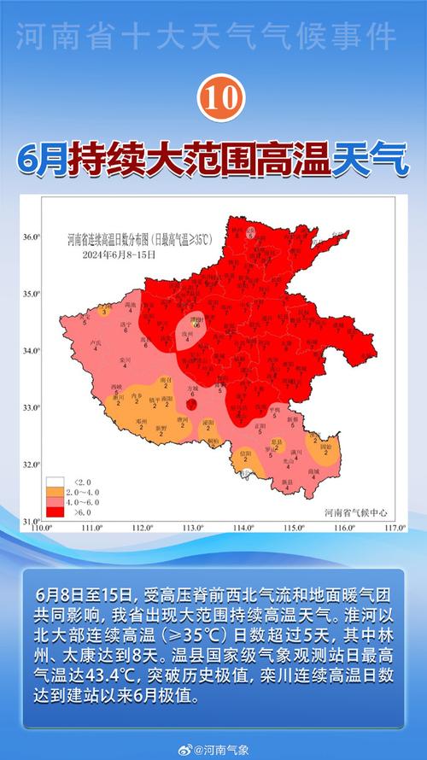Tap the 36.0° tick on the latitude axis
(x=31, y=237)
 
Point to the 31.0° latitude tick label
(x=31, y=521)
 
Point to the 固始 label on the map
(x=325, y=446)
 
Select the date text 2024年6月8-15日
(x=119, y=254)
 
